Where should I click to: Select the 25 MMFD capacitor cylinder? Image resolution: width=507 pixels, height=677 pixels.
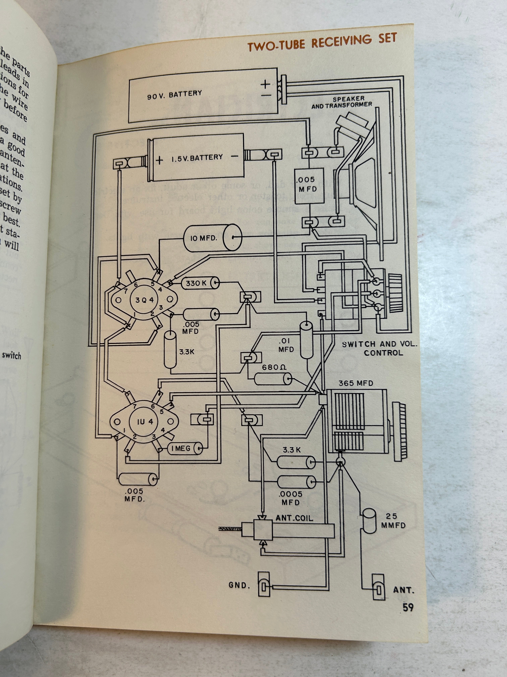click(x=369, y=521)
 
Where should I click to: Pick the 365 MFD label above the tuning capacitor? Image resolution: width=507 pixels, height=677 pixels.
click(x=356, y=383)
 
